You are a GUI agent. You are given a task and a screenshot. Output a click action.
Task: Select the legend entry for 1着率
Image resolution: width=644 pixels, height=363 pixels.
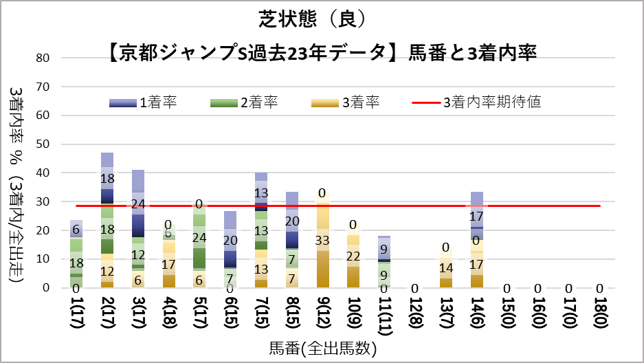pyautogui.click(x=144, y=103)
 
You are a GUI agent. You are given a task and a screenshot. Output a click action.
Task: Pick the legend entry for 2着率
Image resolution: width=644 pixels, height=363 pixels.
pyautogui.click(x=243, y=103)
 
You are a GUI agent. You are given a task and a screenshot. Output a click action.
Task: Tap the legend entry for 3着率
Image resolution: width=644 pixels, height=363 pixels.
pyautogui.click(x=344, y=103)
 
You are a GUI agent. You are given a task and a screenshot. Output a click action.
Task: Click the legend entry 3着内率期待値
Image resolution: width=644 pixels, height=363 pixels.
pyautogui.click(x=477, y=103)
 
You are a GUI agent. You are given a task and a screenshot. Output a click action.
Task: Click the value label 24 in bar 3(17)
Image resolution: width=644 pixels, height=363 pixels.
pyautogui.click(x=138, y=203)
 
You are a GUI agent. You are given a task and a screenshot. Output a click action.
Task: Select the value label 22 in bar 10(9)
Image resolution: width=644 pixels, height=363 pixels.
pyautogui.click(x=353, y=256)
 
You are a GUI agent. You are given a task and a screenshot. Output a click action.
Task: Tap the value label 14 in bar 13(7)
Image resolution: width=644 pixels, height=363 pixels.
pyautogui.click(x=445, y=268)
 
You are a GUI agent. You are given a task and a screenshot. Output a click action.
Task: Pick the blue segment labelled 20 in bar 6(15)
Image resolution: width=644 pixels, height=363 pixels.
pyautogui.click(x=231, y=240)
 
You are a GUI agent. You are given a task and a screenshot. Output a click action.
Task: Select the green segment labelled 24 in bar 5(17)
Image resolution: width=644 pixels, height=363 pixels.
pyautogui.click(x=200, y=238)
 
